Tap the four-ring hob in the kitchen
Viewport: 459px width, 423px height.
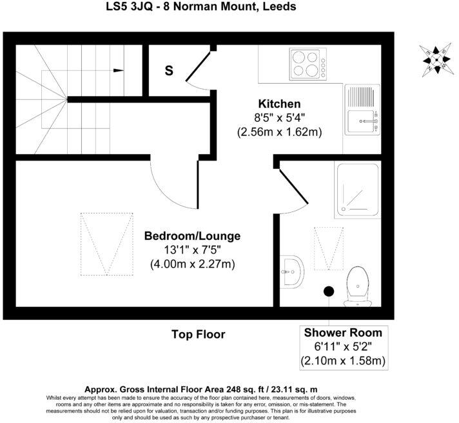pyautogui.click(x=306, y=63)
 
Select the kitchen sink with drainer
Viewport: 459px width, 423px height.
pyautogui.click(x=364, y=110)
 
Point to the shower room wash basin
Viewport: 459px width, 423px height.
pyautogui.click(x=293, y=271)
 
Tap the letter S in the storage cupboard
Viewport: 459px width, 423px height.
pyautogui.click(x=169, y=71)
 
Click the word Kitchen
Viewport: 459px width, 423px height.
pyautogui.click(x=279, y=104)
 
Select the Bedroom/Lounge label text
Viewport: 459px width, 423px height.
pyautogui.click(x=192, y=236)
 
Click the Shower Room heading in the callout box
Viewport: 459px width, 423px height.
pyautogui.click(x=343, y=333)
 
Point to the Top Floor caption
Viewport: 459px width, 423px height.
pyautogui.click(x=198, y=334)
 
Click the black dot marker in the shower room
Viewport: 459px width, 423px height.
pyautogui.click(x=328, y=291)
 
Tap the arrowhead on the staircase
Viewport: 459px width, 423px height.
pyautogui.click(x=119, y=70)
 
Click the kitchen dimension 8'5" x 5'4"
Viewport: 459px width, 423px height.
pyautogui.click(x=279, y=117)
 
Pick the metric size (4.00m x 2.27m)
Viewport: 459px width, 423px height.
pyautogui.click(x=192, y=264)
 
